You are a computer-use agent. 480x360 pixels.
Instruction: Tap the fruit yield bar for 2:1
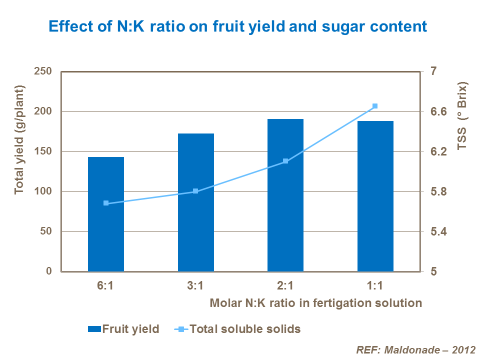[285, 200]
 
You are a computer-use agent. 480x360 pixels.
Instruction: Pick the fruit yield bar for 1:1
[375, 200]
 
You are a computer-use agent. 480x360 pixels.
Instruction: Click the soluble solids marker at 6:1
[106, 203]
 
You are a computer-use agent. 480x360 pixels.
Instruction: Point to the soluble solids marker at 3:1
[195, 191]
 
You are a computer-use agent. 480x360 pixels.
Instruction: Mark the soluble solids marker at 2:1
[285, 161]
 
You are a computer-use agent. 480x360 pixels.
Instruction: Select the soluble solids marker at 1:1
[375, 106]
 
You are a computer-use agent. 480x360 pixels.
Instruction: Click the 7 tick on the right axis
[428, 71]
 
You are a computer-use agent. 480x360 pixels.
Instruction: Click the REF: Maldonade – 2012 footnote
[415, 349]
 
